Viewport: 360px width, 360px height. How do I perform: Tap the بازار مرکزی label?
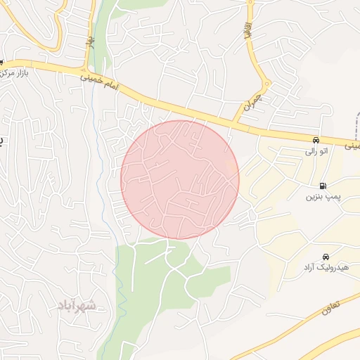pos(16,73)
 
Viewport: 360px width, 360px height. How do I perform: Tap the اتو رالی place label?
pos(316,150)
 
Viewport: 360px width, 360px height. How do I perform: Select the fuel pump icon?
pos(322,186)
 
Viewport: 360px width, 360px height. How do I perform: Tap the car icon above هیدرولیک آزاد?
pos(325,257)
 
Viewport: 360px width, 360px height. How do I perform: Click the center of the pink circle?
pos(180,179)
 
